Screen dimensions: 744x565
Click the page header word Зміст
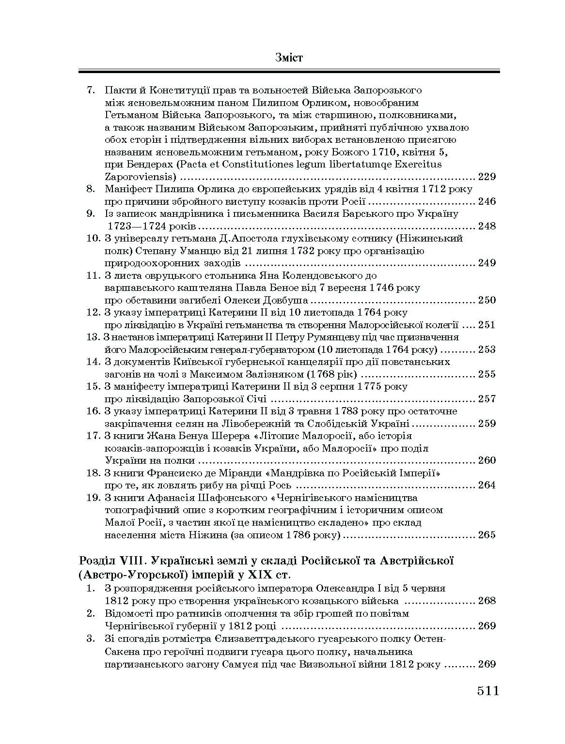(289, 58)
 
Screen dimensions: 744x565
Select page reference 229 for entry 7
(487, 176)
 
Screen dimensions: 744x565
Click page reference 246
(487, 201)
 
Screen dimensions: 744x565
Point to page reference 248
(487, 226)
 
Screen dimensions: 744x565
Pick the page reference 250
(487, 300)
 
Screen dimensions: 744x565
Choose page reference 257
(487, 399)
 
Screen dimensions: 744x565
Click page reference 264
(487, 485)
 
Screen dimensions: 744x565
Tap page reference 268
(487, 601)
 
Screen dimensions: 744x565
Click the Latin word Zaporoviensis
(140, 176)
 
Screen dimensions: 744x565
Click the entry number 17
(93, 436)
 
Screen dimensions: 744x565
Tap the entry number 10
(93, 238)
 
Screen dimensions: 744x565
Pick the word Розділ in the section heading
(96, 561)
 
